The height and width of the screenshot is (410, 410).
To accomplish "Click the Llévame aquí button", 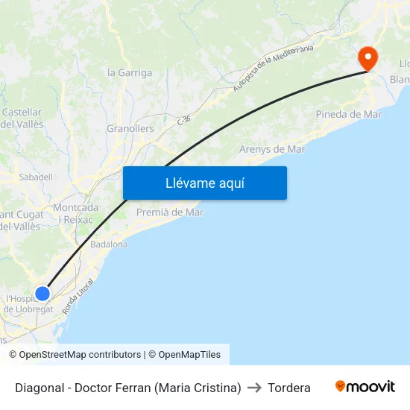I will click(x=204, y=183).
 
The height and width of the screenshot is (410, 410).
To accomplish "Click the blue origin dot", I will click(x=42, y=293).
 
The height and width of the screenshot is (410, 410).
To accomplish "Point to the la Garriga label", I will click(x=130, y=72).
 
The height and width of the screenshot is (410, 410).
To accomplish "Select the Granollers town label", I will click(x=130, y=128).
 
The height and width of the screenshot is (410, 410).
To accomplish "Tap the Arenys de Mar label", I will click(x=272, y=149).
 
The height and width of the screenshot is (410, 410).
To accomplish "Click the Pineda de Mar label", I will click(x=348, y=114).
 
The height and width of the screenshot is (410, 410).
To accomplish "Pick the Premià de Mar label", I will click(x=170, y=212).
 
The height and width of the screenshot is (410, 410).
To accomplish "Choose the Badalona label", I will click(x=108, y=244).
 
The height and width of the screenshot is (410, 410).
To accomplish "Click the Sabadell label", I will click(x=36, y=177).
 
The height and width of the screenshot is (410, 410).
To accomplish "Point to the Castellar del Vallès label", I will click(x=22, y=118).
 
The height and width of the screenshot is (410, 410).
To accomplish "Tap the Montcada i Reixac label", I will click(x=76, y=213).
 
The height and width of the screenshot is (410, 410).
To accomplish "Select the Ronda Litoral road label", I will click(x=79, y=296).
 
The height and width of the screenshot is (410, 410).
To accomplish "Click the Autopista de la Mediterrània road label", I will click(x=273, y=68).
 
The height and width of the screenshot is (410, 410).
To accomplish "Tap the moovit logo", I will click(x=365, y=387).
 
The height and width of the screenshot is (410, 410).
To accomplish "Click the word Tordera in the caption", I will click(x=288, y=388).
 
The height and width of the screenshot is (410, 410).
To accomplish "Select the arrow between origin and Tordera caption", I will click(x=253, y=388).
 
